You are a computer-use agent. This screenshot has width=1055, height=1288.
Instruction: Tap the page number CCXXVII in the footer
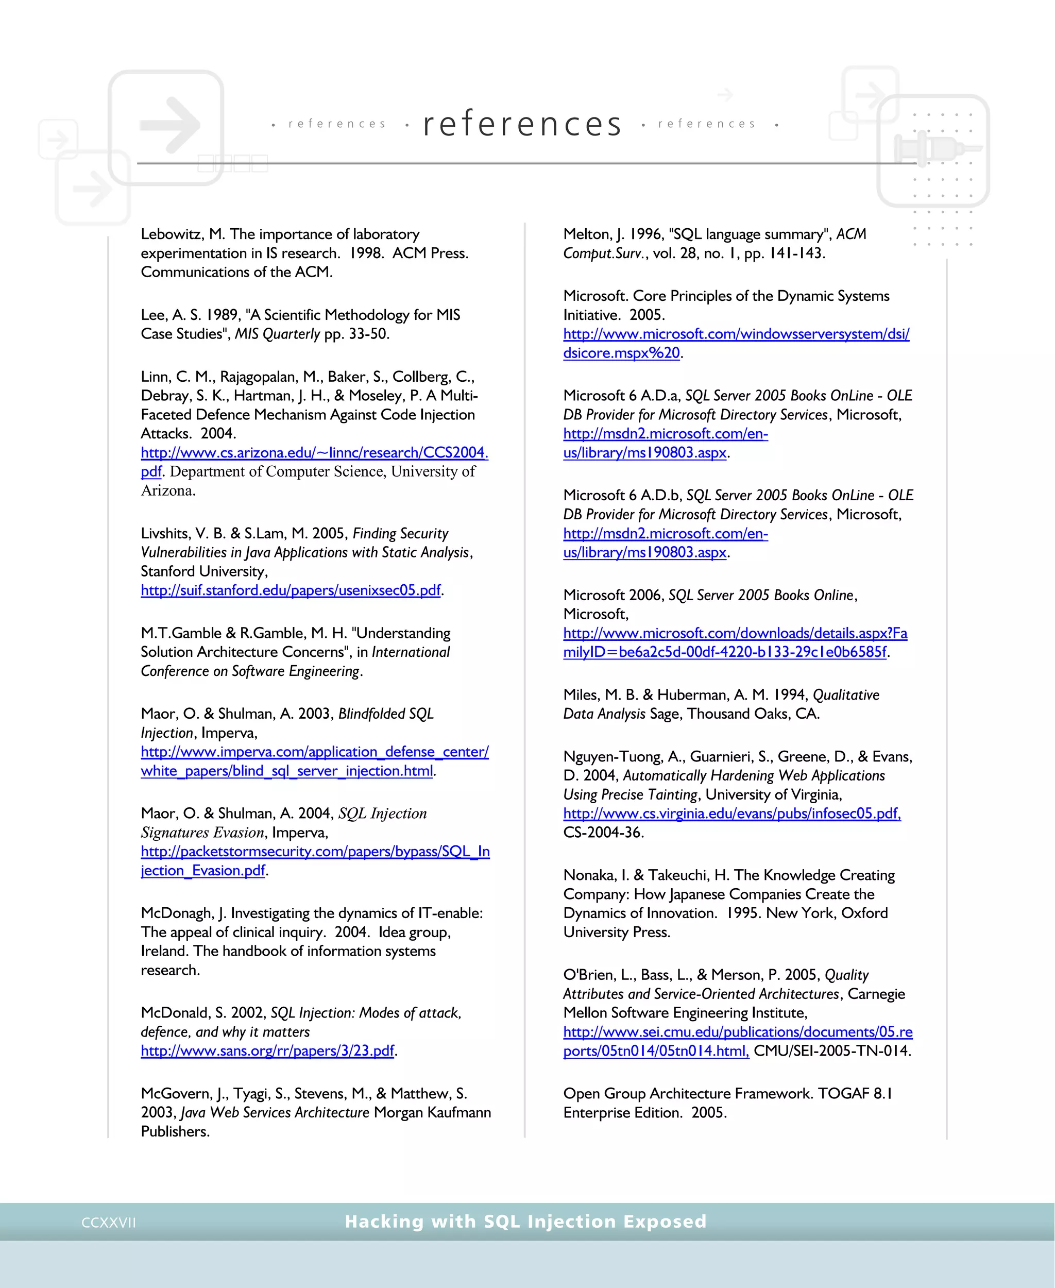(109, 1223)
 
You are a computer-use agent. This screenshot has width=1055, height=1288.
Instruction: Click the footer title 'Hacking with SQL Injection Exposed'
(525, 1221)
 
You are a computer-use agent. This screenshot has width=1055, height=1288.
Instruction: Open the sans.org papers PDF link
(267, 1051)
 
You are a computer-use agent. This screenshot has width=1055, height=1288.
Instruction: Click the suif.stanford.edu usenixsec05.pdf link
(291, 590)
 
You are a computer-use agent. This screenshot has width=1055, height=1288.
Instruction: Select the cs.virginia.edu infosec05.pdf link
(731, 814)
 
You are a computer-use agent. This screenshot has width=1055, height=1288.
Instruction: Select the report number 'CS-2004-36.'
(603, 832)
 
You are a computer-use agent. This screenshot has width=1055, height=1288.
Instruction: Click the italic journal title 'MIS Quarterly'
(277, 334)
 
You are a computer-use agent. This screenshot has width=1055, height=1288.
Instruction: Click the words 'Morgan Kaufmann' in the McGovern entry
(432, 1112)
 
